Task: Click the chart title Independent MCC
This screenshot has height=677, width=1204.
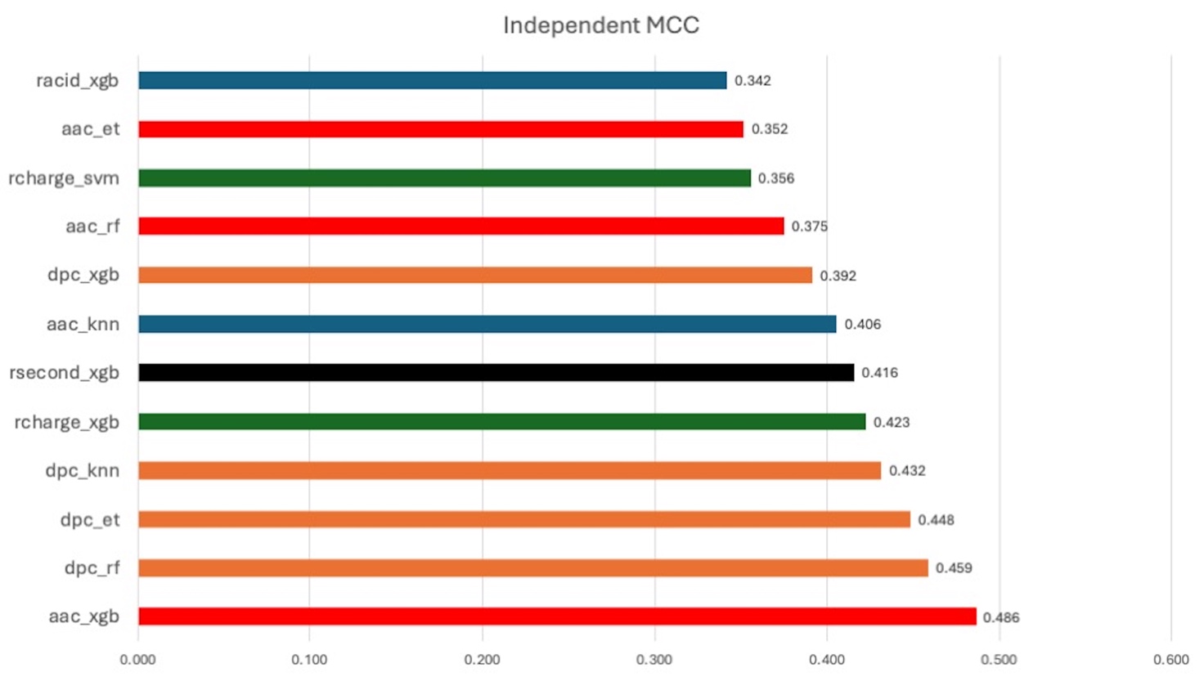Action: [601, 25]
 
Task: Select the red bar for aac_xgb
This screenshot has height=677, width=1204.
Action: [556, 616]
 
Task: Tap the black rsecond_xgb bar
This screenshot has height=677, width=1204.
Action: [496, 373]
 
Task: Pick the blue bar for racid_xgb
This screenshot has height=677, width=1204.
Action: [432, 80]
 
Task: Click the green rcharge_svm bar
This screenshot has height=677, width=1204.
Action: [444, 177]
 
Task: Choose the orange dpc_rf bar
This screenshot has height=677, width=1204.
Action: [532, 568]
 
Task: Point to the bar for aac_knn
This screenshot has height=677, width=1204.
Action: [487, 325]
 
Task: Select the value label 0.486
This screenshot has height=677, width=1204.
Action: [1001, 617]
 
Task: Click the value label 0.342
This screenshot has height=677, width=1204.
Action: [752, 80]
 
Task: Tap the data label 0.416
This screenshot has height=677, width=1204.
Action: [879, 373]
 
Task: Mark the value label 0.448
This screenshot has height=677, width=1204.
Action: [936, 520]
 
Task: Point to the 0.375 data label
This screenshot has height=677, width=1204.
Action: [809, 226]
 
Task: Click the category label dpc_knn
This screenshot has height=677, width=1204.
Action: [82, 471]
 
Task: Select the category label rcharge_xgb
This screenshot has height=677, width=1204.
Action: [66, 422]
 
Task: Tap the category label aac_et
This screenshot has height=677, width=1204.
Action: [90, 129]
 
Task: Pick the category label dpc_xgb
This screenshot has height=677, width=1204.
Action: [83, 275]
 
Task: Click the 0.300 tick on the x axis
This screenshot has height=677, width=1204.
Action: [654, 660]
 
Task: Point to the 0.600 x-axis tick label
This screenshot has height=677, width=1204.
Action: [1170, 660]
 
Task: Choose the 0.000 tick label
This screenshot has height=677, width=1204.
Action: [137, 660]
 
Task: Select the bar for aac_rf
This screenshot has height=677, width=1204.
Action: [460, 226]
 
